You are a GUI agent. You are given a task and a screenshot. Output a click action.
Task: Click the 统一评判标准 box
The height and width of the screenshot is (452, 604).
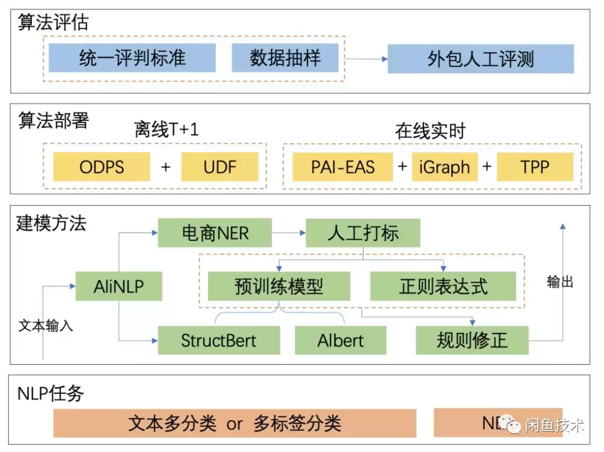[132, 58]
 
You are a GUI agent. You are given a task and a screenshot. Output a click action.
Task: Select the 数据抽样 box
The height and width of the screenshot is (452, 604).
[285, 58]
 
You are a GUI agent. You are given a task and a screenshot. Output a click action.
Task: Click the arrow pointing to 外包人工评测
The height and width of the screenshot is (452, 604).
[366, 59]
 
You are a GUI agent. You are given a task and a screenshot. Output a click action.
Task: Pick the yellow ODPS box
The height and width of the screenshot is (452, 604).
[102, 166]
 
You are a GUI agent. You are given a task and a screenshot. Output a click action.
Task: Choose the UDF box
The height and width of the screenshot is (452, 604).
[220, 166]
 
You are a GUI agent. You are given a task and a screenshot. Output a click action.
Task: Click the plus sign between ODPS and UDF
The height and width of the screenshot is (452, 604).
[166, 166]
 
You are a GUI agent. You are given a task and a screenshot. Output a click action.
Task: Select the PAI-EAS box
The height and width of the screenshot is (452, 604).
[343, 166]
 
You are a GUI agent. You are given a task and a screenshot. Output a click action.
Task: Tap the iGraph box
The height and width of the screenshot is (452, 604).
[445, 166]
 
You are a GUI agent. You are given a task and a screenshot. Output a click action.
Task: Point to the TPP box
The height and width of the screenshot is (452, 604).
[535, 166]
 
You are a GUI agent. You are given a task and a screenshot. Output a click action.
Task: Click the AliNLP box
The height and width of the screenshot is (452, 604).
[119, 287]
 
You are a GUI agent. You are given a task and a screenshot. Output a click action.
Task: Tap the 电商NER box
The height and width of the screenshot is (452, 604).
[215, 233]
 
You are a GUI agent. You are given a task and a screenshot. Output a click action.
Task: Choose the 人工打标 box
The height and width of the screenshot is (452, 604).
[363, 233]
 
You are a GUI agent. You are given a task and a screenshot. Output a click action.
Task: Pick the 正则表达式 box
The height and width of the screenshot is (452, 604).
[443, 287]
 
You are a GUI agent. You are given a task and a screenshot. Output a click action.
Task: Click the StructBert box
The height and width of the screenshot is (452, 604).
[219, 340]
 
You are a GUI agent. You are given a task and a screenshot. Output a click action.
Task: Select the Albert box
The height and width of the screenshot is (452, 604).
[341, 340]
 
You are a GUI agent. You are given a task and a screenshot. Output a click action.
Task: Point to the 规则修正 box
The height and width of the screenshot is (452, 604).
[472, 340]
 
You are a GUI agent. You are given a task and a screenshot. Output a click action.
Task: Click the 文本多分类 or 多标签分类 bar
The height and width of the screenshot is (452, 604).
[235, 423]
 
